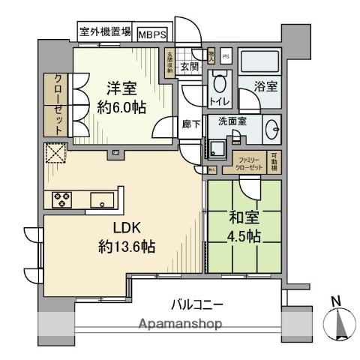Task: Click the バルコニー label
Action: pyautogui.click(x=198, y=305)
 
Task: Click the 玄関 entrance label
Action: pyautogui.click(x=189, y=65)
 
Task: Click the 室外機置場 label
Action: pyautogui.click(x=106, y=32)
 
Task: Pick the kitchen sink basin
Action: pyautogui.click(x=101, y=199)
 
